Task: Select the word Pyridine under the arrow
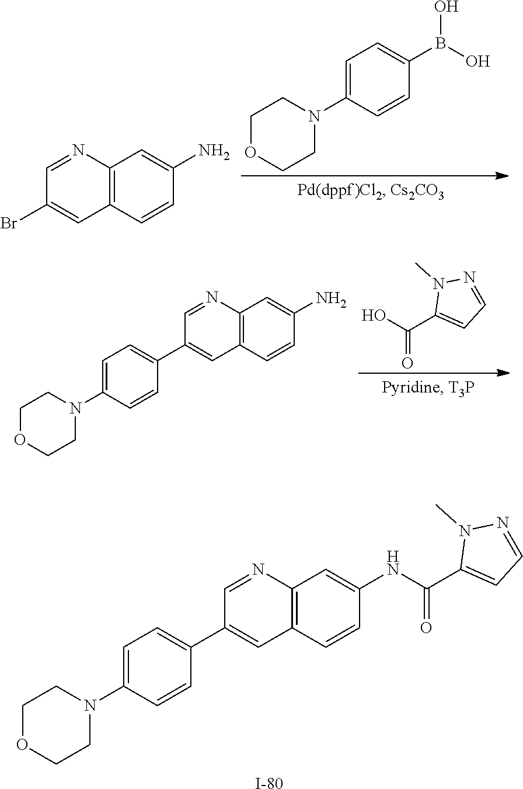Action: pyautogui.click(x=405, y=388)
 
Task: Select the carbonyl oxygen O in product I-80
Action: pyautogui.click(x=426, y=628)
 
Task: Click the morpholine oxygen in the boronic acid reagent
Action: pyautogui.click(x=250, y=153)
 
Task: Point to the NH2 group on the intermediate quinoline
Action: pyautogui.click(x=330, y=300)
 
